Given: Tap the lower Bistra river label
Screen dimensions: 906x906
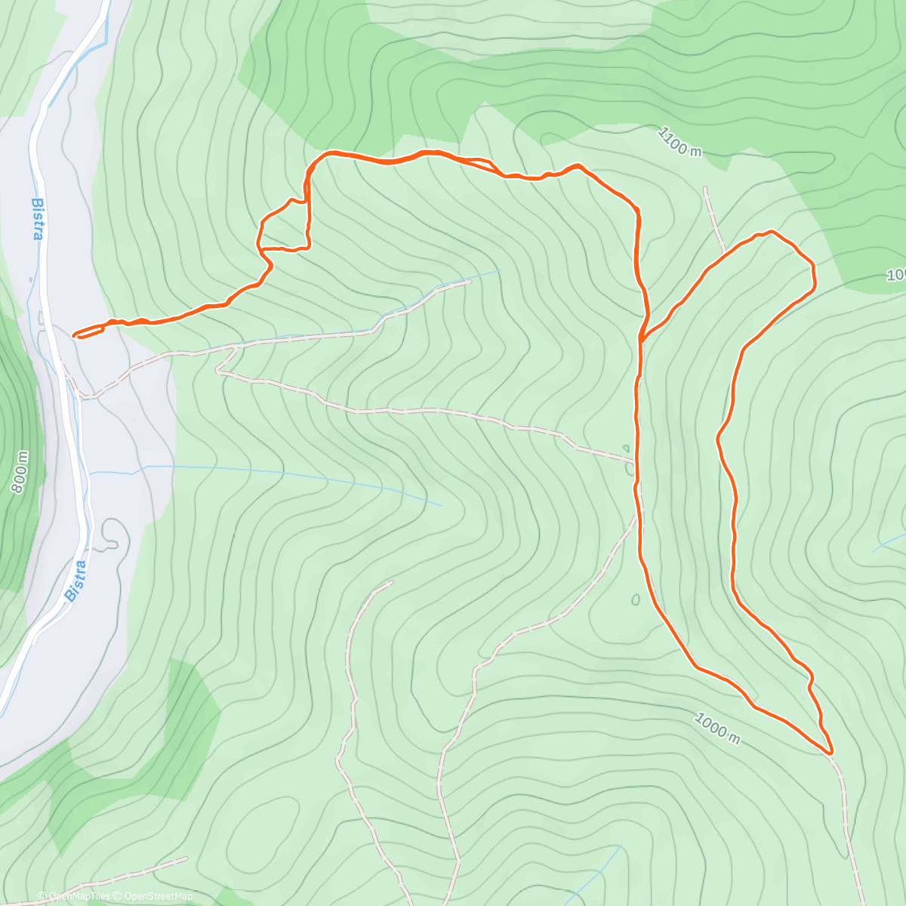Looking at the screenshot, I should [77, 580].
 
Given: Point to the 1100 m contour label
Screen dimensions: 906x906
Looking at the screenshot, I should [679, 142].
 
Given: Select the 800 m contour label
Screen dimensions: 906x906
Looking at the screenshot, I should [20, 473].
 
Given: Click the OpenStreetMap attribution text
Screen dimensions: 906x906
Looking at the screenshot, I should [159, 896].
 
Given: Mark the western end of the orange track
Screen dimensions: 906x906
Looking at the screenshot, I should [74, 334].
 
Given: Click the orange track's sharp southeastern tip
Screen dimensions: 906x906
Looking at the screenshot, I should [830, 753].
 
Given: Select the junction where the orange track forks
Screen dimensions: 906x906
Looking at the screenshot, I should [641, 340].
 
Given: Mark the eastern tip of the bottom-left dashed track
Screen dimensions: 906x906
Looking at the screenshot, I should [186, 858].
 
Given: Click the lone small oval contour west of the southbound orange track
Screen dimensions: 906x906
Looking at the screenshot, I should [636, 600].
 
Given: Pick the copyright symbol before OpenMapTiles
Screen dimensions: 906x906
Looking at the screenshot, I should [42, 897].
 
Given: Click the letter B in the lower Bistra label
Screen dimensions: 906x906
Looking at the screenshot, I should [70, 594].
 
